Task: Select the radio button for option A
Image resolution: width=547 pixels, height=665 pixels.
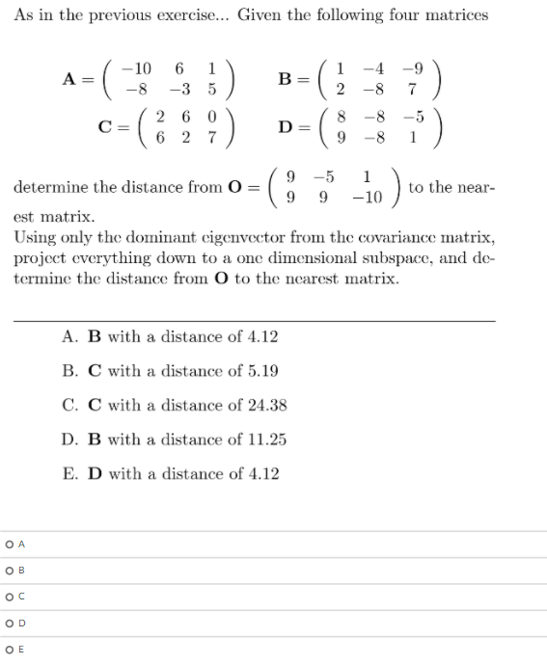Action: (x=8, y=545)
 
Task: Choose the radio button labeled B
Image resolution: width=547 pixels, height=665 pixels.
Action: (x=8, y=570)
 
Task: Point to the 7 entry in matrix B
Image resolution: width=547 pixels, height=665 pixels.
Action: (x=411, y=90)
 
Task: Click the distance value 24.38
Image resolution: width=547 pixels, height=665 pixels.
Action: (x=266, y=405)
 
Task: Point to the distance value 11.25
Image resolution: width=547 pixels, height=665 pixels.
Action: (x=265, y=439)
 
